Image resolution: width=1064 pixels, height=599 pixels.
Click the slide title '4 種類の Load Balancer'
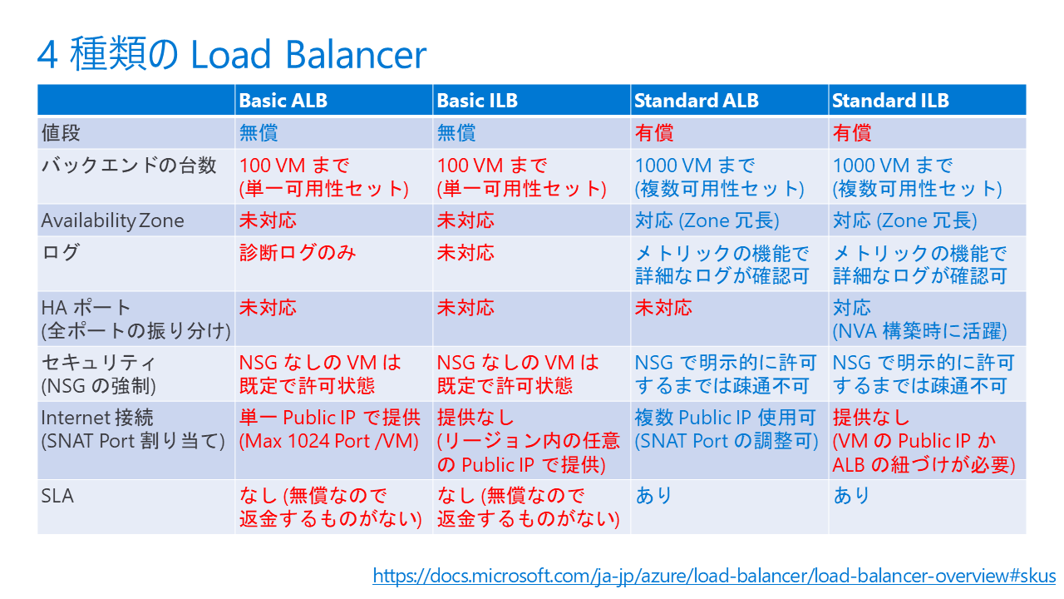[231, 55]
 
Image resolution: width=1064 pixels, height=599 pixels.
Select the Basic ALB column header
[283, 101]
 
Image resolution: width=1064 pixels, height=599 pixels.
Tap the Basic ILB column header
[477, 101]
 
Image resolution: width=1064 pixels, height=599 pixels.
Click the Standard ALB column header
[696, 101]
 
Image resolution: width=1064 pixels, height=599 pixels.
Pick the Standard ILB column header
[889, 101]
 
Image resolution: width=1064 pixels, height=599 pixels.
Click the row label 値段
[62, 133]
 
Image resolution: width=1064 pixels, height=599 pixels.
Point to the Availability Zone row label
[113, 220]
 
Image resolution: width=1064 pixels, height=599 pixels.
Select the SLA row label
[57, 496]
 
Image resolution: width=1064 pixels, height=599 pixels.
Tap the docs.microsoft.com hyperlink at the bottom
[713, 576]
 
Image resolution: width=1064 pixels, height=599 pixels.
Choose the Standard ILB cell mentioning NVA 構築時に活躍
[919, 319]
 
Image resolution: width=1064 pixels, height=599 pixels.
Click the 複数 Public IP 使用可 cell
[725, 429]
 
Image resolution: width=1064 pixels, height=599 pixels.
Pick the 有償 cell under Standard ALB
[653, 133]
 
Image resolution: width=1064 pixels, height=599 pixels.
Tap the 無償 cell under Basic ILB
[456, 133]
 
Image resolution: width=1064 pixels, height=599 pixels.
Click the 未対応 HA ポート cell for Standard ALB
[663, 308]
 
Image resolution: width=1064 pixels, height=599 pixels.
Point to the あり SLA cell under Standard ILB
[851, 496]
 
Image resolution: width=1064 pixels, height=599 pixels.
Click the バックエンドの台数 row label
[129, 166]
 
